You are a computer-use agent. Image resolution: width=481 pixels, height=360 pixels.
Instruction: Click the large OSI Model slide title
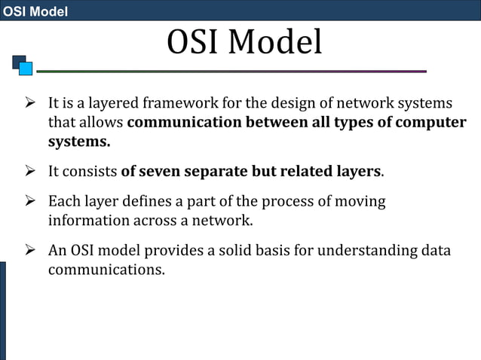pos(244,43)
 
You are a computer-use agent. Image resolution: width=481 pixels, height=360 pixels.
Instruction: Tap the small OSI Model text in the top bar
pos(35,11)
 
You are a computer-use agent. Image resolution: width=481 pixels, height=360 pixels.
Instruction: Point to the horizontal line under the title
pos(231,72)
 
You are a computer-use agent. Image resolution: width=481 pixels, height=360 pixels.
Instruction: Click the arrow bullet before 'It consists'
pos(31,171)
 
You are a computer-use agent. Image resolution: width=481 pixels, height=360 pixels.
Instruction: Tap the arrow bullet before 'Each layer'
pos(31,202)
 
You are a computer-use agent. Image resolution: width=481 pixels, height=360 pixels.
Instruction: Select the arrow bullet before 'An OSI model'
pos(31,250)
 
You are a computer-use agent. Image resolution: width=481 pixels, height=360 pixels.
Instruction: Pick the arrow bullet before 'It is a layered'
pos(31,102)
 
